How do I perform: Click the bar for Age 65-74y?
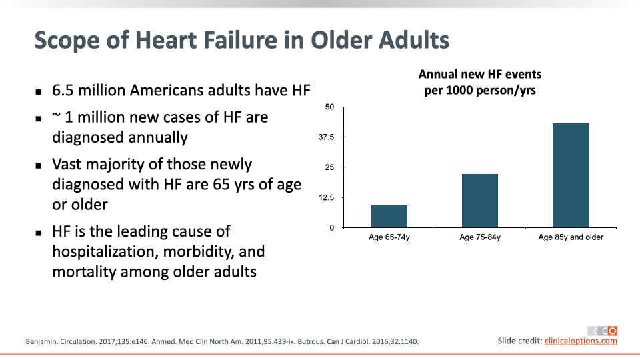pos(389,216)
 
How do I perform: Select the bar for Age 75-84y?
pos(480,201)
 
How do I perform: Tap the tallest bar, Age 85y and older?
pos(571,175)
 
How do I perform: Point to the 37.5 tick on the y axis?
pos(326,137)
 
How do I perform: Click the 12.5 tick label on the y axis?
pos(326,197)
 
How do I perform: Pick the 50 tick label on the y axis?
pos(329,107)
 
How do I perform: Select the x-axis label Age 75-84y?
pos(480,237)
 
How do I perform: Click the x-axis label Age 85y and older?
pos(571,237)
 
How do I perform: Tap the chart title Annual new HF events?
pos(480,74)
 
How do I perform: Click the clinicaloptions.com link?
pos(581,341)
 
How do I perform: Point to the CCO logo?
pos(603,331)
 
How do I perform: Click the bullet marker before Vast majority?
pos(39,166)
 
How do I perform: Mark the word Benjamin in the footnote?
pos(41,341)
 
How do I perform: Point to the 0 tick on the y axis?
pos(332,228)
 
